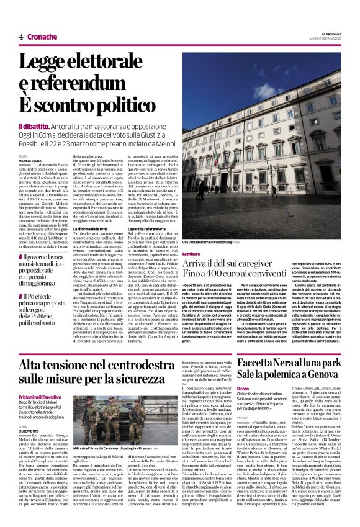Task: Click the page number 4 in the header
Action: [21, 37]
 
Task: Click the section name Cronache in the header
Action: [42, 37]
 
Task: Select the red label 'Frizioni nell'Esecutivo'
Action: [42, 395]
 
